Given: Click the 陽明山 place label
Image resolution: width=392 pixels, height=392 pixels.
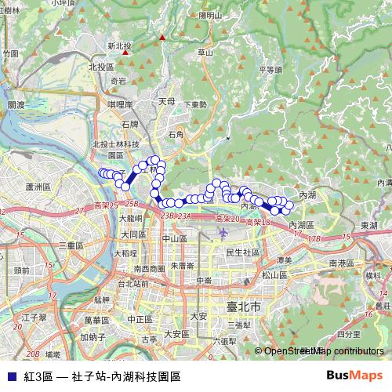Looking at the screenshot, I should [x=211, y=15].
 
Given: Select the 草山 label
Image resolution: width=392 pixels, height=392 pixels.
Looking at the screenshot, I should [x=205, y=53].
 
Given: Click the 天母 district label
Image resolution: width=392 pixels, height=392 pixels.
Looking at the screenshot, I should [x=166, y=101].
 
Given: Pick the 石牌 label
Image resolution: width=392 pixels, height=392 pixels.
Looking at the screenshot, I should [x=130, y=124].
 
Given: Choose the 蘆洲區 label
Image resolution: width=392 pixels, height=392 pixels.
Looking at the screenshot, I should [x=38, y=187].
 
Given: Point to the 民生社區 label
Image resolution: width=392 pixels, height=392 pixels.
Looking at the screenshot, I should [x=242, y=252].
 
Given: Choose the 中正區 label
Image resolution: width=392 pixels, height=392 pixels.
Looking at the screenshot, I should [x=139, y=319].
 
